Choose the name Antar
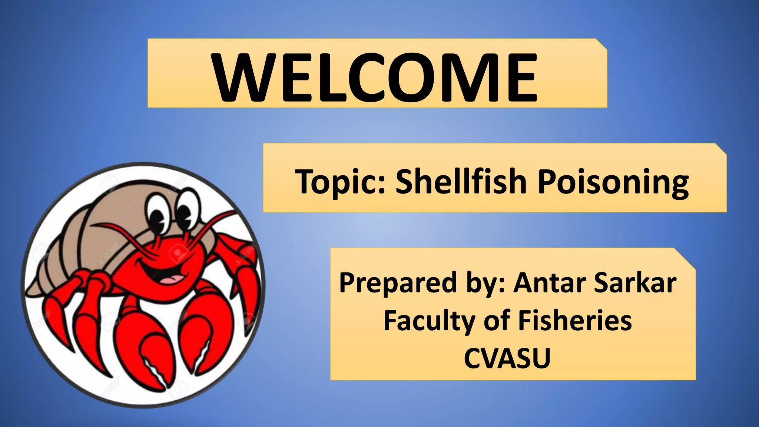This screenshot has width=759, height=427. pyautogui.click(x=550, y=282)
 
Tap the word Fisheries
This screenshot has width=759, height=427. pyautogui.click(x=575, y=320)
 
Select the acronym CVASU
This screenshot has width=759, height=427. pyautogui.click(x=507, y=358)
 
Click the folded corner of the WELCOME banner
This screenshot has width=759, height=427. pyautogui.click(x=601, y=44)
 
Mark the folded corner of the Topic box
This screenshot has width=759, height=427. pyautogui.click(x=720, y=149)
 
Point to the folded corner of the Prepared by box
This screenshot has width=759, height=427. pyautogui.click(x=685, y=258)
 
